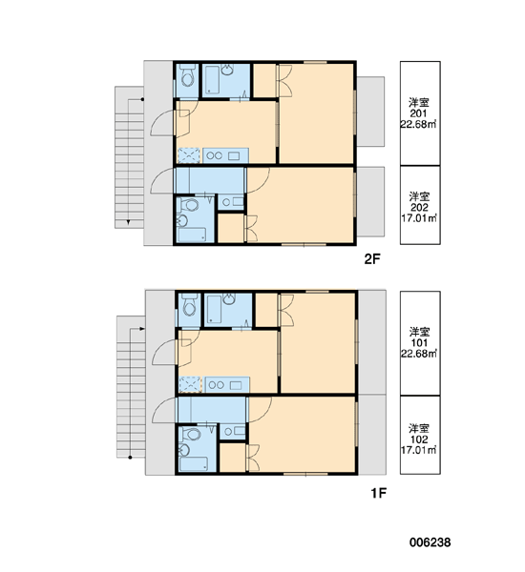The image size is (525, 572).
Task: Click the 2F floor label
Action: click(372, 259)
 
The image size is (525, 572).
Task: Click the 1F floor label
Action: click(379, 493)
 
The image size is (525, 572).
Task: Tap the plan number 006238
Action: click(430, 542)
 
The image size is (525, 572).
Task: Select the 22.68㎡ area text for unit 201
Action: click(418, 124)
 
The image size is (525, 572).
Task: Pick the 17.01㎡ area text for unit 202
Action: click(419, 218)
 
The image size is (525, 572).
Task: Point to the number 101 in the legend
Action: click(419, 342)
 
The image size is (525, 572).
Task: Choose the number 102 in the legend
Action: click(419, 439)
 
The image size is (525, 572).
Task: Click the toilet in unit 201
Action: click(187, 76)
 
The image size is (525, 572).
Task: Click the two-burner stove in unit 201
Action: click(214, 155)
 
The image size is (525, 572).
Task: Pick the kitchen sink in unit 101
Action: click(235, 385)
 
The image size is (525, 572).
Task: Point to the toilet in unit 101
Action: click(189, 306)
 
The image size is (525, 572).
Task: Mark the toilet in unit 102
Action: click(191, 434)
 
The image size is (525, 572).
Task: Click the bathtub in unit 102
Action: click(194, 464)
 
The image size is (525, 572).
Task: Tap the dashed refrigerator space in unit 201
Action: click(188, 155)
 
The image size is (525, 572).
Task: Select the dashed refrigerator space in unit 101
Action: click(190, 385)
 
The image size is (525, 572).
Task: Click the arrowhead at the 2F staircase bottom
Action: click(128, 222)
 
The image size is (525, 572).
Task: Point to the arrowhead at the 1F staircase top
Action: click(142, 329)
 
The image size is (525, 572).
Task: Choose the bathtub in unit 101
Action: click(214, 309)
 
